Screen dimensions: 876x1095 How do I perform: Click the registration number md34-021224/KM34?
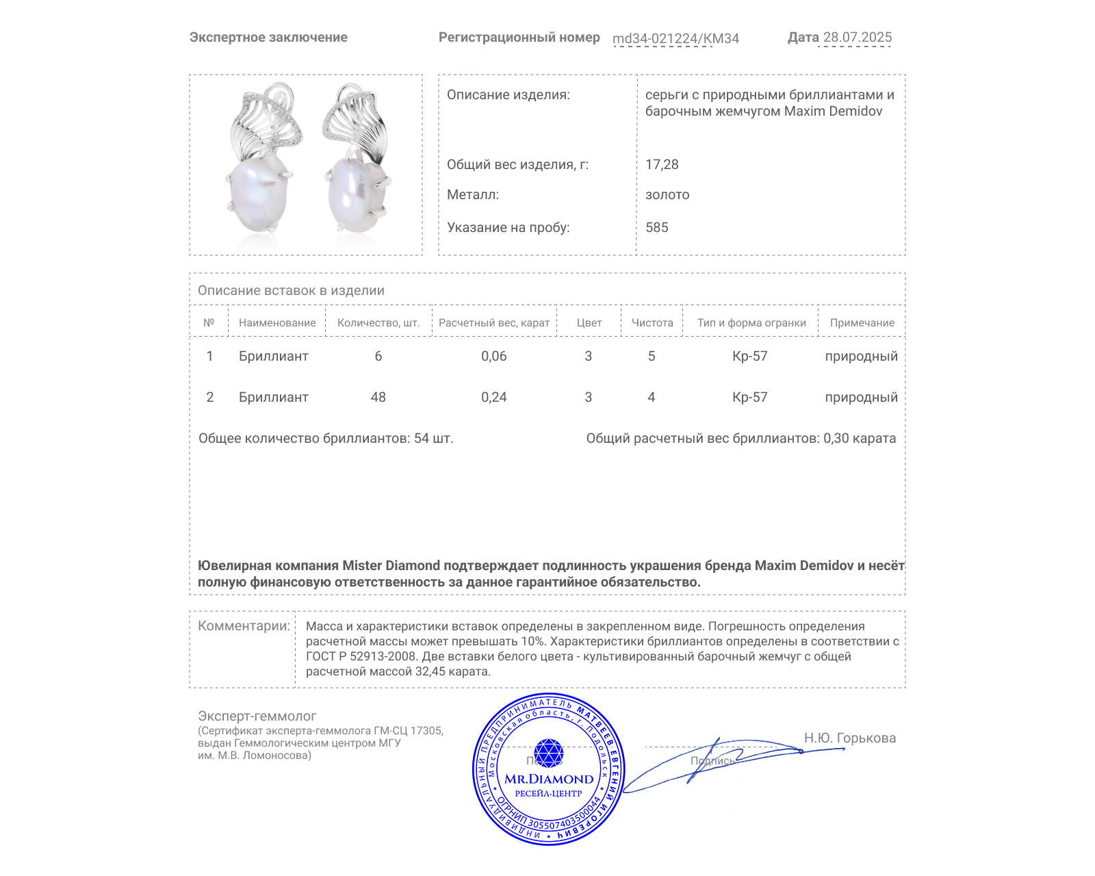675,38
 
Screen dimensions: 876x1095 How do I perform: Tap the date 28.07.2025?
857,37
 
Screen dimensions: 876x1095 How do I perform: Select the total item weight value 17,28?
662,164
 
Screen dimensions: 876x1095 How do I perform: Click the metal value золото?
667,194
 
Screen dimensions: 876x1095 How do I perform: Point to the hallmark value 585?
656,227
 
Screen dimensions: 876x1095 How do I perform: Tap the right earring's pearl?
355,194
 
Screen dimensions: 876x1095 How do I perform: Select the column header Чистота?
652,323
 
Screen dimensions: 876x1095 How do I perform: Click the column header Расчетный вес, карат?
494,323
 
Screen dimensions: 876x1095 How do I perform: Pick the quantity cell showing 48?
378,397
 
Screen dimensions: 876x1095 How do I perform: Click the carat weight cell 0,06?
493,356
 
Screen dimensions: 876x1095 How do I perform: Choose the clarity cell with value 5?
652,356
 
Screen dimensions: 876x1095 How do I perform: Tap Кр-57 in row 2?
749,397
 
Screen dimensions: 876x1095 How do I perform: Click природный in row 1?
861,356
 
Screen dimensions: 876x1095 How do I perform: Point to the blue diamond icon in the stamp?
548,753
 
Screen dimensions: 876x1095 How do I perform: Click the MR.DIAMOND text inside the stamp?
549,779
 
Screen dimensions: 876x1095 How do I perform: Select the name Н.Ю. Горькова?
849,738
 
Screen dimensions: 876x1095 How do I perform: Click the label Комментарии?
244,626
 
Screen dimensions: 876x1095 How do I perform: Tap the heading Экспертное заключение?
268,37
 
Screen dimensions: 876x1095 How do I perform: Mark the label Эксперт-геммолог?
257,716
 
